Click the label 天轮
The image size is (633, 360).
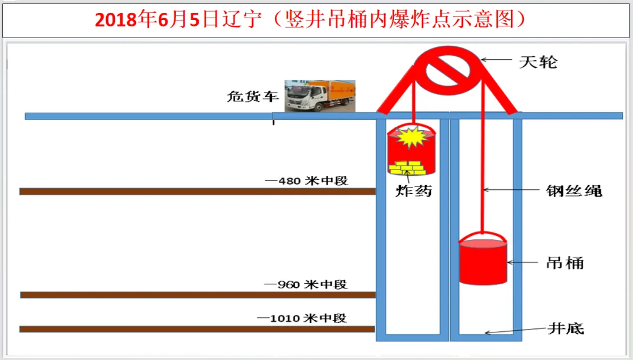[x=538, y=61]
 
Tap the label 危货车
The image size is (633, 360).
[x=253, y=97]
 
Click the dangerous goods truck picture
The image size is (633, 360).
[x=319, y=95]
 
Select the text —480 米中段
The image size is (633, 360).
[x=307, y=181]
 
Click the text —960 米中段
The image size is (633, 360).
[x=306, y=284]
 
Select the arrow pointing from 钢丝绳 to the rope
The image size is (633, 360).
[x=509, y=190]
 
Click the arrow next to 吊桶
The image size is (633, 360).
[x=519, y=262]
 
